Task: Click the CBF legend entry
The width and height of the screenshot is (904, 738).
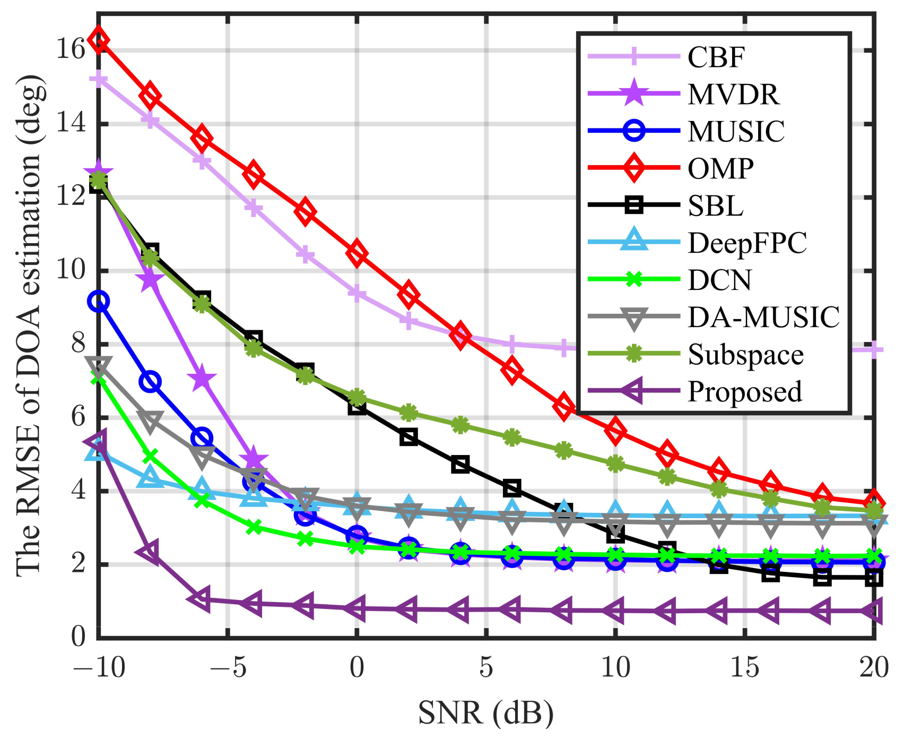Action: [x=716, y=57]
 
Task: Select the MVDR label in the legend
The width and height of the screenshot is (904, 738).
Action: [x=733, y=95]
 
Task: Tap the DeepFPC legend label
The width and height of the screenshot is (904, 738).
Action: [x=747, y=243]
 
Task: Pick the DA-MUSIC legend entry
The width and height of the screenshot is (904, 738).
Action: [x=763, y=317]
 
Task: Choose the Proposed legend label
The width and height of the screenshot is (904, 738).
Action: [x=745, y=392]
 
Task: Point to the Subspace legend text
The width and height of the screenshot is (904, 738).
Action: [x=745, y=355]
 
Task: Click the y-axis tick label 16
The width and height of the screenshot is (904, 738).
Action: [x=70, y=49]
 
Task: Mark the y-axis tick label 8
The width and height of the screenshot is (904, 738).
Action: [x=78, y=344]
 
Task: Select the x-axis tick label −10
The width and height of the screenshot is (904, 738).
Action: [x=99, y=667]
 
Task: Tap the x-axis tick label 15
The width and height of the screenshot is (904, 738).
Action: [x=744, y=667]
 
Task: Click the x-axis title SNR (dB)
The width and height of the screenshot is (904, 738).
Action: [x=485, y=713]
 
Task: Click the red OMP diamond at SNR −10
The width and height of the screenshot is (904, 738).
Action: [x=99, y=40]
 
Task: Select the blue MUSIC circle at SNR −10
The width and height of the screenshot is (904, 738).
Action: [x=99, y=302]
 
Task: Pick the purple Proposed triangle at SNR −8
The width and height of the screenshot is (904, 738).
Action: [x=150, y=553]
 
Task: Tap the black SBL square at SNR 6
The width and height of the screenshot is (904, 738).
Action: [x=512, y=487]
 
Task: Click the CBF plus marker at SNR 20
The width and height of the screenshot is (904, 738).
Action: [x=874, y=350]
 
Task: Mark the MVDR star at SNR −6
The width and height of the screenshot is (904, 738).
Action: [x=202, y=379]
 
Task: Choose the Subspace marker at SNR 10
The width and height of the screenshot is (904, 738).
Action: [x=615, y=464]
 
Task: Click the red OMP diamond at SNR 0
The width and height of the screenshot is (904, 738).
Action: [x=357, y=253]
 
